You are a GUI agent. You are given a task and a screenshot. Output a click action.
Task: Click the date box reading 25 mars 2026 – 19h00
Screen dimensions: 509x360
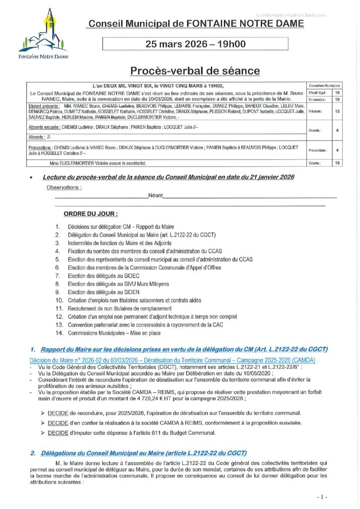[195, 44]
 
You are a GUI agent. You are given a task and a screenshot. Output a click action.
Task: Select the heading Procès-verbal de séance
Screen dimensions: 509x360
[195, 71]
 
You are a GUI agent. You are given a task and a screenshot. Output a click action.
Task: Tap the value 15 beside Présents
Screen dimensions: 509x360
[337, 112]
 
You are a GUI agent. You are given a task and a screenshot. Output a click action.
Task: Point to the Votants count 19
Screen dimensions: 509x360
[337, 163]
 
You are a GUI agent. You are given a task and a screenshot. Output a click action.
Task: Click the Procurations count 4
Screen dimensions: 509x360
[337, 149]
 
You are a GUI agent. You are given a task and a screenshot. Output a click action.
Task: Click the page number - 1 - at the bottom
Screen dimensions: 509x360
[321, 497]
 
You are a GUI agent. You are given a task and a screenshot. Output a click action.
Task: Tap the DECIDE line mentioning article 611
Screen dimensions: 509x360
[131, 432]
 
